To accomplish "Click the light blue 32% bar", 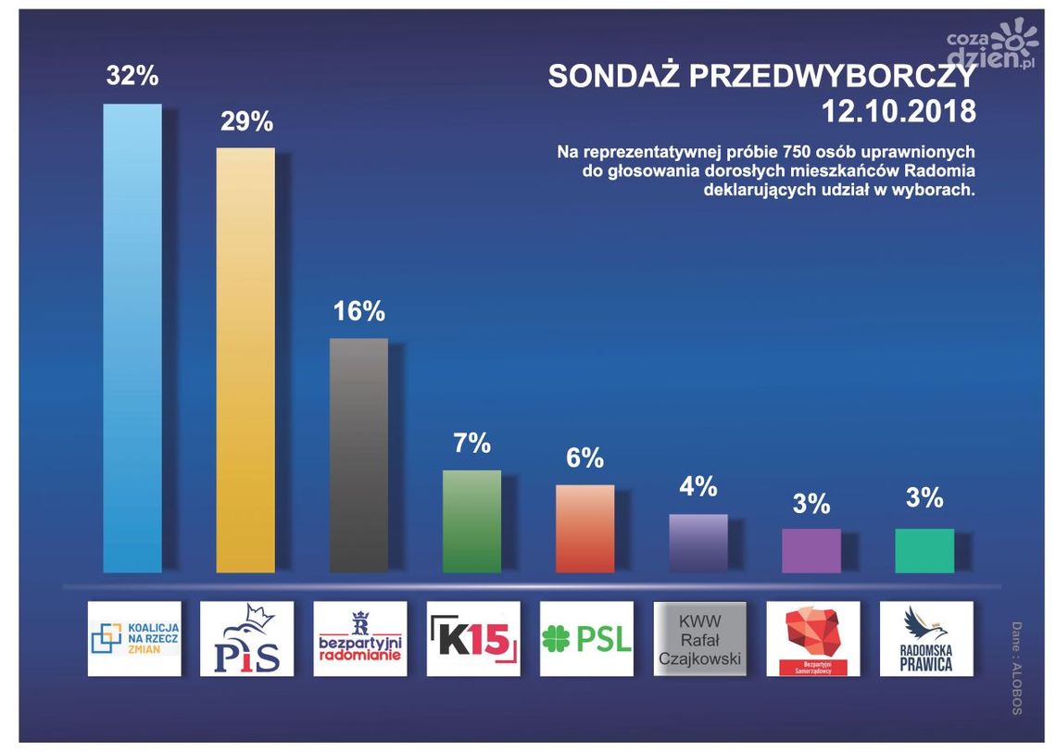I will click(x=132, y=338).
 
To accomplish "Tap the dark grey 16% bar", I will click(x=358, y=455).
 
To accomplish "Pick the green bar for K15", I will click(x=471, y=520).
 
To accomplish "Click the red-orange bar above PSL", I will click(x=585, y=528).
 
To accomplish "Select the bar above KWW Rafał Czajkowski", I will click(x=698, y=543).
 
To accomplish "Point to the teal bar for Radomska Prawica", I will click(x=924, y=550).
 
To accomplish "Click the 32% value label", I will click(x=132, y=77).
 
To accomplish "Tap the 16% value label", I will click(x=358, y=312).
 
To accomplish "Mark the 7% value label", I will click(x=471, y=444).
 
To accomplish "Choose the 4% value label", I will click(x=698, y=487).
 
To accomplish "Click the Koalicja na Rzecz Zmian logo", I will click(x=133, y=639).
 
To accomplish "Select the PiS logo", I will click(x=246, y=639).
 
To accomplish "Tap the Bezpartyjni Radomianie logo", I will click(x=359, y=639).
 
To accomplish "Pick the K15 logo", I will click(x=472, y=639).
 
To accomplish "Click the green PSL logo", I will click(x=585, y=639).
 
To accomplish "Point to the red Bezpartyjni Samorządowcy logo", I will click(x=811, y=639).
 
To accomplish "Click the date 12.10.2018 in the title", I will click(x=899, y=112).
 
